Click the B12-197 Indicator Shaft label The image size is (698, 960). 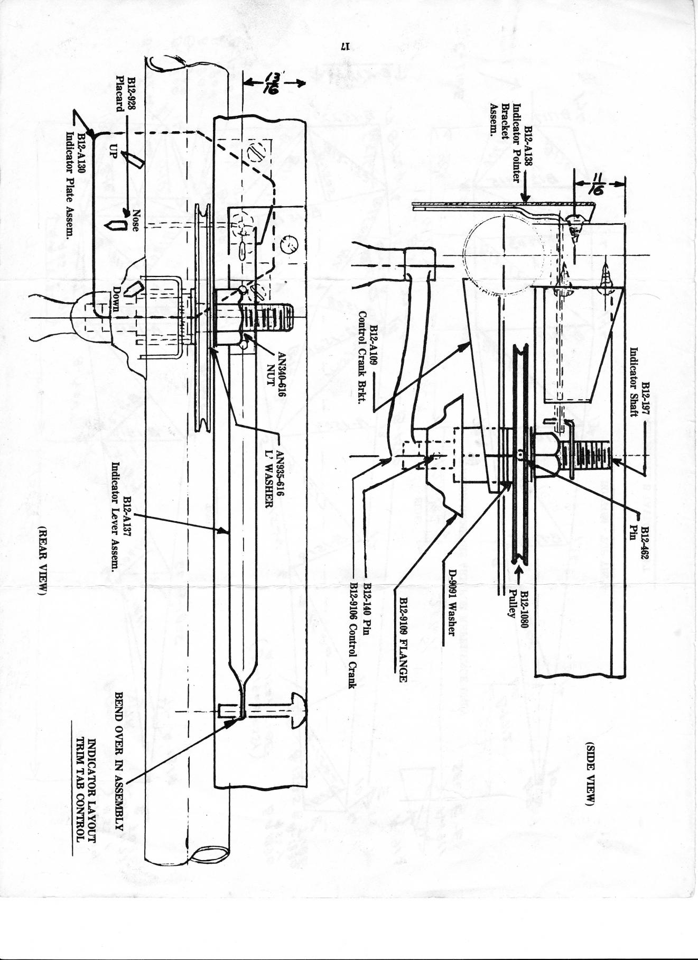[639, 381]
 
